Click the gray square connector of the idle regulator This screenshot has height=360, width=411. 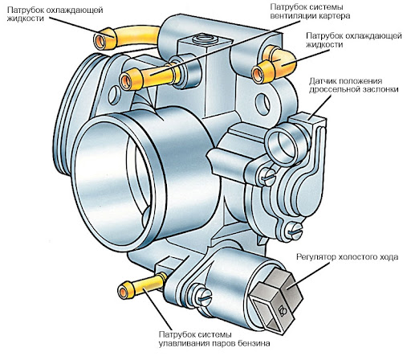[x=275, y=300]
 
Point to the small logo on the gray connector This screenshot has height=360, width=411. [x=282, y=310]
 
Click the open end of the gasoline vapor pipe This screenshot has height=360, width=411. [x=123, y=292]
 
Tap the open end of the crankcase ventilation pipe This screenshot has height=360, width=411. [x=125, y=80]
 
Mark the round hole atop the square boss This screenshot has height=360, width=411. [x=205, y=39]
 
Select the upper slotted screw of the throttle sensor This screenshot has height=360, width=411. [x=267, y=177]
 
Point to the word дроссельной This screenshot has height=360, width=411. [x=335, y=89]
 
